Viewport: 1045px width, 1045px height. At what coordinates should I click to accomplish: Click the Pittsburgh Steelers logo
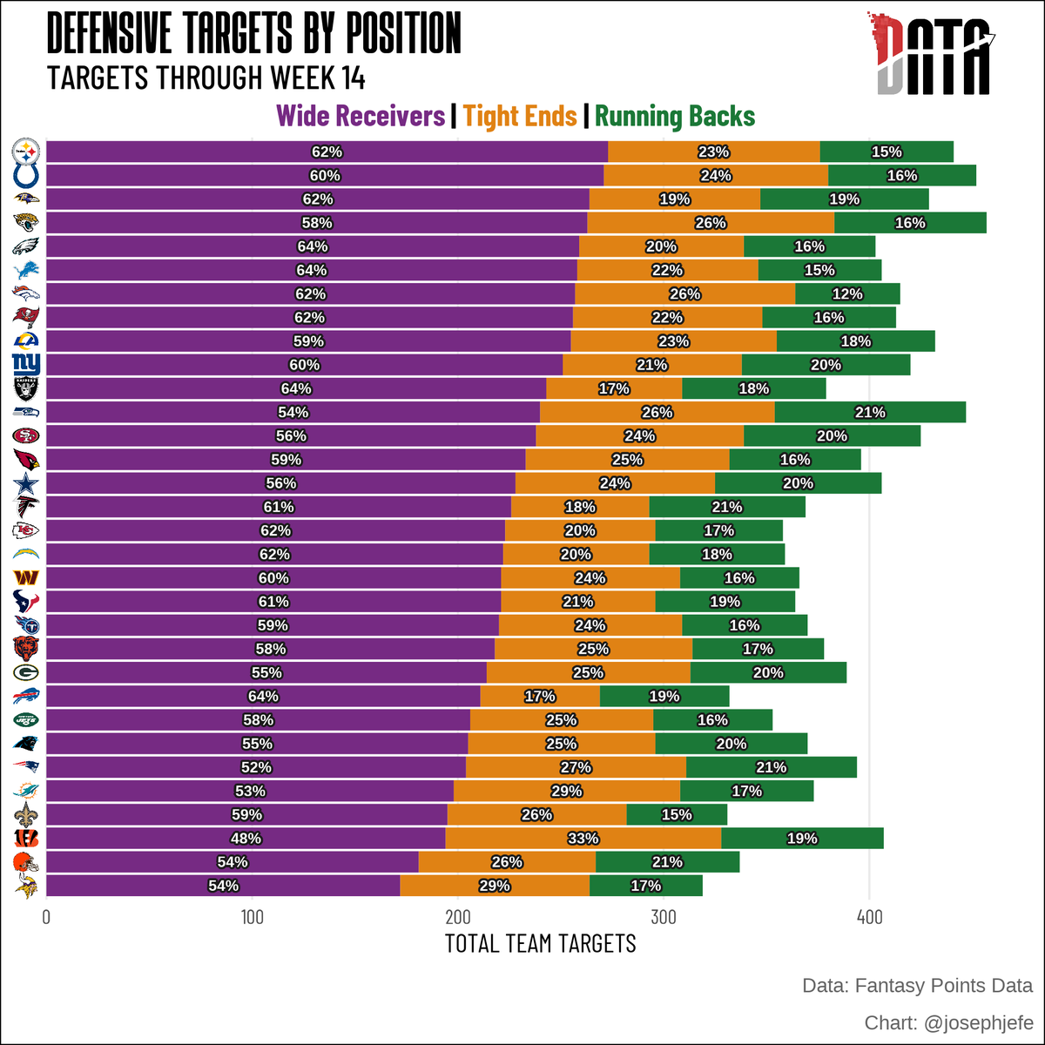point(25,152)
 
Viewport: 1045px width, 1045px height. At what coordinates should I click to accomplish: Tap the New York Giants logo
point(25,365)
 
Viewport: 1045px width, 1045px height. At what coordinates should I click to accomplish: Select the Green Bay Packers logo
point(25,672)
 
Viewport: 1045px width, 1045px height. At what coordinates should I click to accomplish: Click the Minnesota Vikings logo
point(25,886)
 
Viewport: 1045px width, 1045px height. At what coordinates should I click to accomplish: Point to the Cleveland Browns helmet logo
point(25,862)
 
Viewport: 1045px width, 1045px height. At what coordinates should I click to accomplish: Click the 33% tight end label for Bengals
point(583,839)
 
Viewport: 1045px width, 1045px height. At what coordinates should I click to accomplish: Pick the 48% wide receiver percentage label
point(246,839)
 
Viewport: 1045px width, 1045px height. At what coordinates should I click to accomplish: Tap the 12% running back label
point(846,294)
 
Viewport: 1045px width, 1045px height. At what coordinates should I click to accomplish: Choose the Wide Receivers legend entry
point(360,116)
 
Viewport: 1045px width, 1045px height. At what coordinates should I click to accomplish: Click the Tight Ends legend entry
point(520,116)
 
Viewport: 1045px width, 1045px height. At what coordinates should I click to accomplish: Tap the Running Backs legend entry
point(675,116)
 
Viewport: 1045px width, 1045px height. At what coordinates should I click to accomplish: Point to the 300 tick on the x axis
point(664,918)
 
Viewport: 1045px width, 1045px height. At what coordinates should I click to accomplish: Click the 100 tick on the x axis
point(252,918)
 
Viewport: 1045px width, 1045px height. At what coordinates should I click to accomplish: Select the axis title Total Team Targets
point(540,944)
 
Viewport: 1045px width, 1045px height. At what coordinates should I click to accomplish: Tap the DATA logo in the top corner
point(934,54)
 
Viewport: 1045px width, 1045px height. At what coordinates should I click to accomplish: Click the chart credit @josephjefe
point(948,1022)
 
